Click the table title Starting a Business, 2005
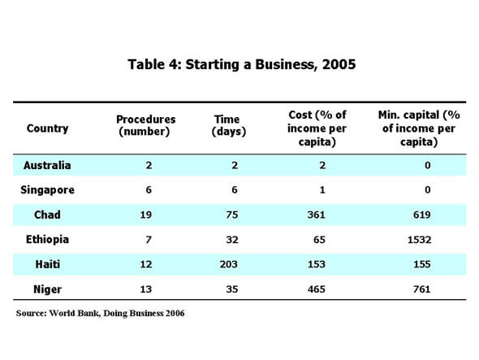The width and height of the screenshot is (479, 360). coord(241,64)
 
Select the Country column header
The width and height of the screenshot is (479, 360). coord(47,128)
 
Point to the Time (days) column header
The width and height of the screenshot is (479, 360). coord(229,124)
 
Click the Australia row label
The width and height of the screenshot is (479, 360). coord(47,166)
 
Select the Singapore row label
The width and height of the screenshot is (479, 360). coord(47,190)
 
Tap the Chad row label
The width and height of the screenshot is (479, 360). coord(47,215)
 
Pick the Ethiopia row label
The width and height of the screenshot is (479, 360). coord(47,240)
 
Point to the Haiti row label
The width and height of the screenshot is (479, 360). coord(47,264)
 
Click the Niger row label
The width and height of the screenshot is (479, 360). coord(47,288)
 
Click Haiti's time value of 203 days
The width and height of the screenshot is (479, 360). coord(229,264)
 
